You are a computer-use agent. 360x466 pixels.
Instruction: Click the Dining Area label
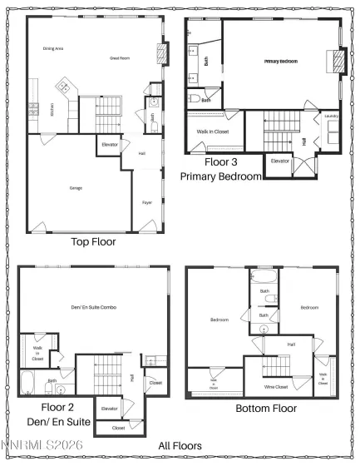pos(54,48)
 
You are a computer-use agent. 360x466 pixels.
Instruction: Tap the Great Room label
pos(121,57)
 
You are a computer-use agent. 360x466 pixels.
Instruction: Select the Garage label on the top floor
pos(76,188)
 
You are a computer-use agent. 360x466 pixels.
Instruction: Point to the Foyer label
pos(145,202)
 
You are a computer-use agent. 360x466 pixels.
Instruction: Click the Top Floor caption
pos(93,242)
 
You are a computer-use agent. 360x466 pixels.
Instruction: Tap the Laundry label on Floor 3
pos(330,116)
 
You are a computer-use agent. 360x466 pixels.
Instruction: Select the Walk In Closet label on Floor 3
pos(213,131)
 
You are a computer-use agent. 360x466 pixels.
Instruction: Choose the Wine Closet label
pos(275,388)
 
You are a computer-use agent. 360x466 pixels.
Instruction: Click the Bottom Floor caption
pos(266,409)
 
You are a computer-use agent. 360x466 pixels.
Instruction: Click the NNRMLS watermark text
pos(31,456)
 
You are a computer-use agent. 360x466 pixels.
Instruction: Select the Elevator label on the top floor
pos(110,144)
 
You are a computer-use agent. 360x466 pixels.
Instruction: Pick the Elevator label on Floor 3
pos(280,161)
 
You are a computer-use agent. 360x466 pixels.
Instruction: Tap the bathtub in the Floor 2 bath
pos(27,384)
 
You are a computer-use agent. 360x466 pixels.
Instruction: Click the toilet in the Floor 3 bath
pos(195,98)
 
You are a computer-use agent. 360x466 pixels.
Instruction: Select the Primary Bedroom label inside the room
pos(282,62)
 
